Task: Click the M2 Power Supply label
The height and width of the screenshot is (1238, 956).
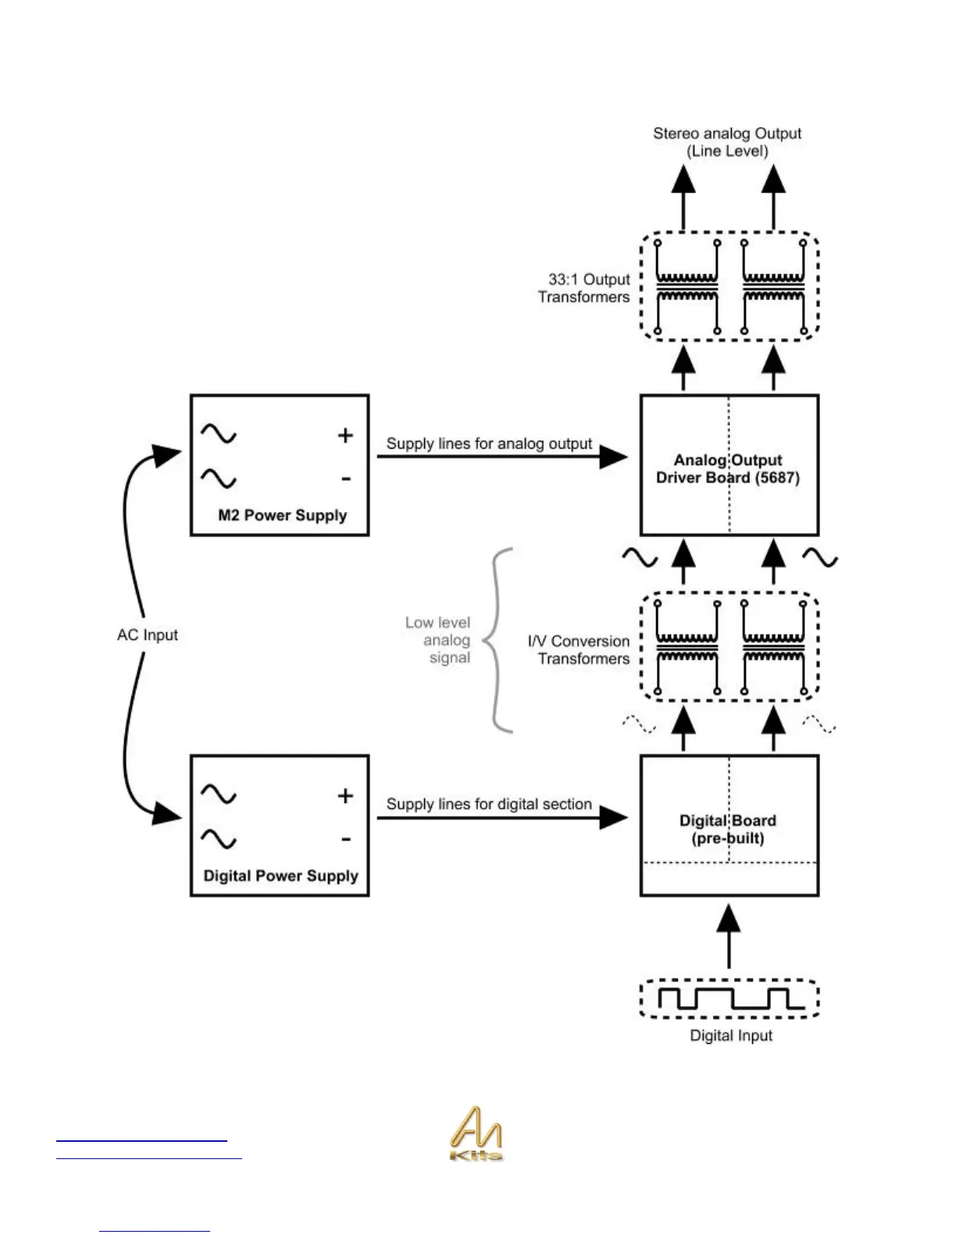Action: (282, 515)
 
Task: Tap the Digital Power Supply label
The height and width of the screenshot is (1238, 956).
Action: (280, 875)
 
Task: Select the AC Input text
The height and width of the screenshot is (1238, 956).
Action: (148, 635)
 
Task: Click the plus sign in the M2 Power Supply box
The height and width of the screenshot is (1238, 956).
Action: (345, 435)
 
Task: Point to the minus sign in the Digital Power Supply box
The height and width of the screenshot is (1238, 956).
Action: (345, 839)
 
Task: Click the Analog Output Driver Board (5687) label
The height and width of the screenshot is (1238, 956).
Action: (728, 469)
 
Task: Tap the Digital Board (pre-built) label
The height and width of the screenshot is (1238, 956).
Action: (728, 829)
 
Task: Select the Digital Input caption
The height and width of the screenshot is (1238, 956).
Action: (731, 1036)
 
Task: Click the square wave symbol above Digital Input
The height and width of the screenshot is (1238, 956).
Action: (729, 999)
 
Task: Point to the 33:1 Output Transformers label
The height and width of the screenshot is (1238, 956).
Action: (584, 288)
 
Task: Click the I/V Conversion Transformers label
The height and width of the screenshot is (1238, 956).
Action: (579, 649)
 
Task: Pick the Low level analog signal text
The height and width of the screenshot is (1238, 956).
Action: (439, 640)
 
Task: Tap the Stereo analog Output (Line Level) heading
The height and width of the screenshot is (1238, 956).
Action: (727, 142)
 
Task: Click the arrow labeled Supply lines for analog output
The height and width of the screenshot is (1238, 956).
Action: (501, 457)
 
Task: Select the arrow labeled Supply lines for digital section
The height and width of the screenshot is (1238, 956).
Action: (501, 818)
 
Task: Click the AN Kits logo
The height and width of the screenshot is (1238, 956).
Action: (476, 1133)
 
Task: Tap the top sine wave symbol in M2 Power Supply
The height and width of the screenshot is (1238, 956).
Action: (219, 433)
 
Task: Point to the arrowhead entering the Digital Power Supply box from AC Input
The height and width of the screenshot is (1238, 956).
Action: (167, 814)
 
